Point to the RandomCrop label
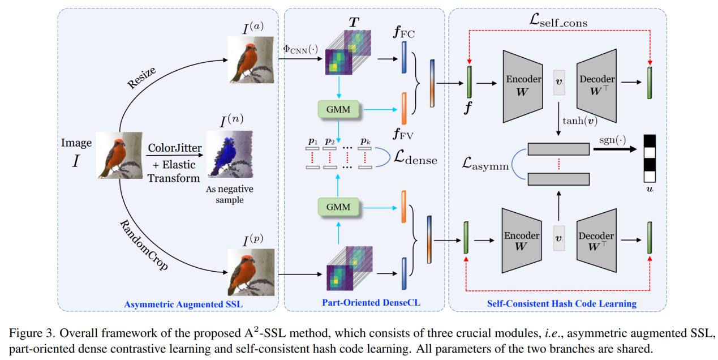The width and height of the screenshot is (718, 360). tap(144, 244)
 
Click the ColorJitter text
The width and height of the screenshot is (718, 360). tap(174, 148)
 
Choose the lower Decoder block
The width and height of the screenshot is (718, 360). tap(596, 241)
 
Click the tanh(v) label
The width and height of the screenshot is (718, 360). tap(581, 120)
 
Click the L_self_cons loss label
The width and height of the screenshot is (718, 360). tap(560, 23)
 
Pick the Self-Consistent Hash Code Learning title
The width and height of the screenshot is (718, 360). tap(561, 303)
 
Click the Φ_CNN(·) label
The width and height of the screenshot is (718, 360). tap(300, 50)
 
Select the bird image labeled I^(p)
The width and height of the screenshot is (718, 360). tap(251, 273)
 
